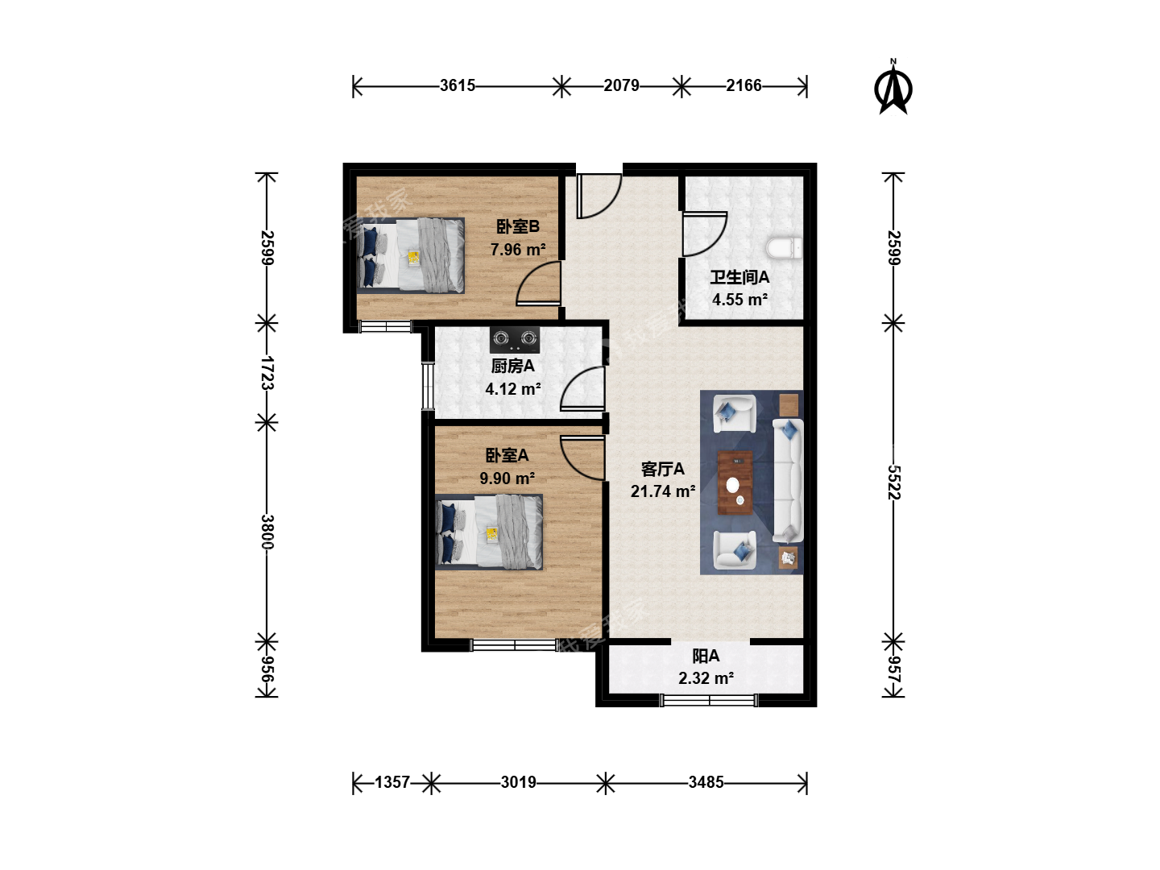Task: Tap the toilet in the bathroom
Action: [784, 248]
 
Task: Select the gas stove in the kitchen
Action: [514, 339]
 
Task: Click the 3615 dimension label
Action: [457, 85]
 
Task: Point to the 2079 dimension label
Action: [621, 85]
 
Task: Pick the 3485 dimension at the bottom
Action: [706, 781]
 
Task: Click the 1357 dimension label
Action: [392, 781]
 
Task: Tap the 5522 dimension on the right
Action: [893, 483]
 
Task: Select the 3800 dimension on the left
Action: [267, 532]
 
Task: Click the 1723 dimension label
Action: [267, 373]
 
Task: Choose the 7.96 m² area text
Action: [517, 250]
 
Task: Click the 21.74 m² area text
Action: [662, 491]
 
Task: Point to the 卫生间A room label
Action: [739, 277]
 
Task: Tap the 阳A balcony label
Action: [706, 656]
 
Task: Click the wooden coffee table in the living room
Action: [735, 483]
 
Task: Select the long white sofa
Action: [788, 481]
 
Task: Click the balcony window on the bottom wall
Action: [709, 701]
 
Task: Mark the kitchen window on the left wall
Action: [428, 386]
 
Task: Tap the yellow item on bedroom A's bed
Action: [492, 534]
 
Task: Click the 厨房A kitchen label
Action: [512, 366]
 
